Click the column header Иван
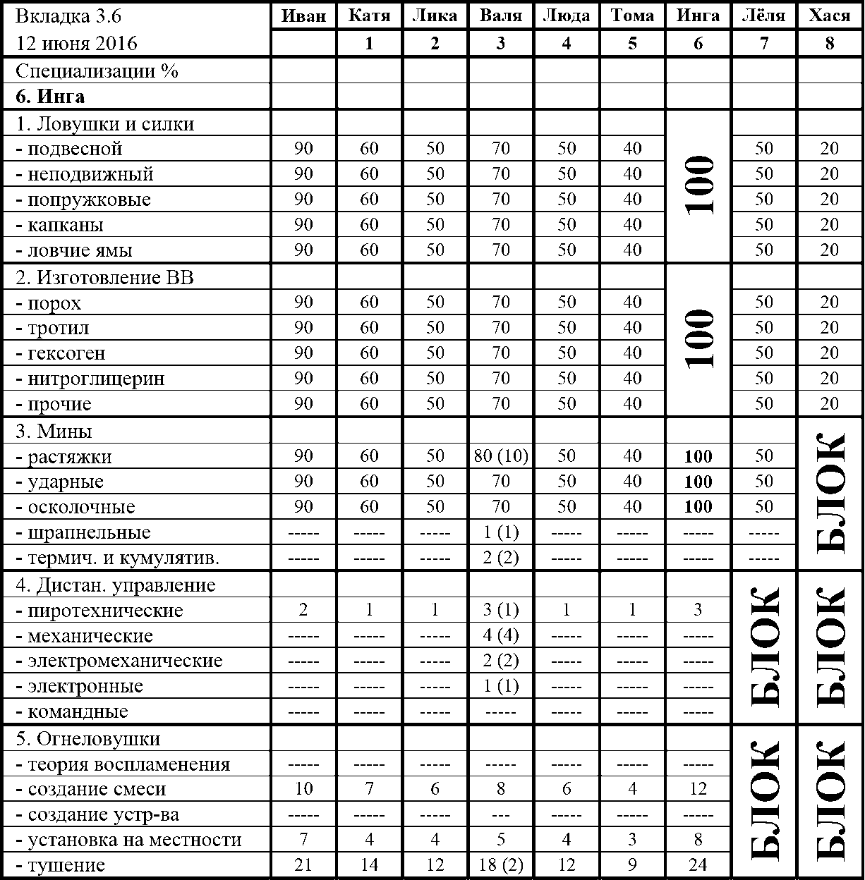(x=303, y=16)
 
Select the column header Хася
(x=830, y=16)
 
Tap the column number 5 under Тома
(x=632, y=43)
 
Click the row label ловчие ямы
(x=73, y=250)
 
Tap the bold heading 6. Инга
(x=50, y=97)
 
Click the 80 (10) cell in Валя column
(x=501, y=456)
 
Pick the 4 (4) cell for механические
(x=501, y=635)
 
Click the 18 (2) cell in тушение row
(x=501, y=865)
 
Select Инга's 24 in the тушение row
(x=698, y=865)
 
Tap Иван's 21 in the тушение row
(x=303, y=865)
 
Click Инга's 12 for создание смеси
(x=698, y=789)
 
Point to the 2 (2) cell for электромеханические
(x=501, y=661)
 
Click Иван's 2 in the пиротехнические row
(x=303, y=610)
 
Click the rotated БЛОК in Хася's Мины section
(x=830, y=494)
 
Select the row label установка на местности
(x=128, y=840)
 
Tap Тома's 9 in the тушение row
(x=632, y=865)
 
